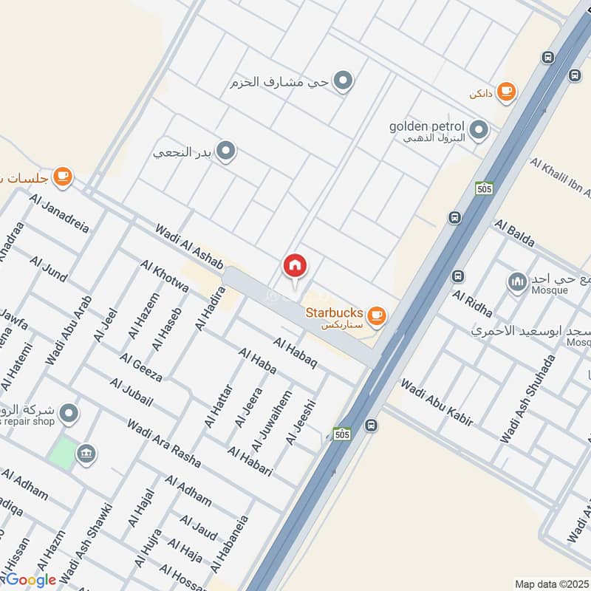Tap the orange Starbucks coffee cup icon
coord(377,315)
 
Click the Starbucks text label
coord(335,312)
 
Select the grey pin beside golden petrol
coord(479,131)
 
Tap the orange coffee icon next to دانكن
coord(506,91)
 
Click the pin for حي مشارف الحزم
coord(342,81)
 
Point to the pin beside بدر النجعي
coord(227,152)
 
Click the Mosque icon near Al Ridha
coord(517,281)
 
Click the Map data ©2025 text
coord(551,584)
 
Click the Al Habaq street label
coord(295,353)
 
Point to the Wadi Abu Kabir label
coord(436,403)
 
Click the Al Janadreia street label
coord(61,213)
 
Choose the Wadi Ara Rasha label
coord(163,443)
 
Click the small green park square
coord(64,452)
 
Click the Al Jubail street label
coord(131,392)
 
